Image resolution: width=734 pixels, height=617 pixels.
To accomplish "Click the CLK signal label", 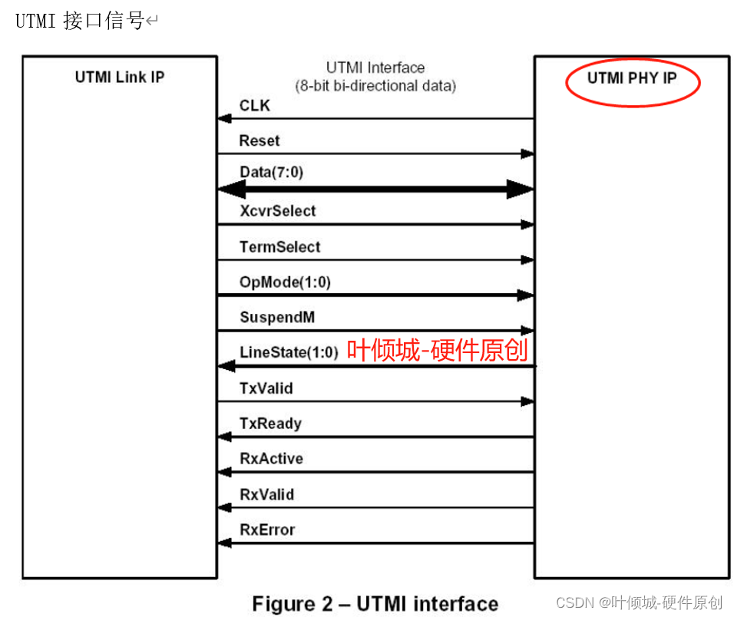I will pos(255,105).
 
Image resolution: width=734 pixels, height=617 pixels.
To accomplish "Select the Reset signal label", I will pos(260,140).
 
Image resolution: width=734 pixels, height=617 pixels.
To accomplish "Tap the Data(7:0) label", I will pos(271,173).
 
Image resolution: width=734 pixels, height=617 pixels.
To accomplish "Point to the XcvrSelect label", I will pos(277,210).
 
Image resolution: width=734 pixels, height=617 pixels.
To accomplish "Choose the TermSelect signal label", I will pos(279,246).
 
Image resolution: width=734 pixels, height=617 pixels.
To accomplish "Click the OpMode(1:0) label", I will pos(285,282).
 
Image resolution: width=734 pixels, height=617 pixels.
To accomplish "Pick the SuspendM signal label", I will pos(277,317).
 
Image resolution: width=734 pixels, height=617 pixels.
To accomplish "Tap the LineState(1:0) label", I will pos(289,352).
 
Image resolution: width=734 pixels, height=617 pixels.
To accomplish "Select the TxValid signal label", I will pos(266,388).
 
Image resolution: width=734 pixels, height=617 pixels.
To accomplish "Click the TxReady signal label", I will pos(270,423).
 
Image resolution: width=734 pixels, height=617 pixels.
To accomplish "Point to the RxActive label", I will pos(271,458).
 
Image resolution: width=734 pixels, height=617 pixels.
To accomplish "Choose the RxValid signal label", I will pos(266,494).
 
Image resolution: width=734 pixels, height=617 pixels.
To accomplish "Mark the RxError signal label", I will pos(267,530).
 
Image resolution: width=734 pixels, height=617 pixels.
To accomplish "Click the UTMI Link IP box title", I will pos(120,77).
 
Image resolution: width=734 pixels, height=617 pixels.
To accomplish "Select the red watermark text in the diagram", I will pos(437,350).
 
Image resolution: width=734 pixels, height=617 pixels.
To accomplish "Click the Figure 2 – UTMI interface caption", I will pos(375,603).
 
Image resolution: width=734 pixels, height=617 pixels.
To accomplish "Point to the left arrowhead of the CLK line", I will pos(224,119).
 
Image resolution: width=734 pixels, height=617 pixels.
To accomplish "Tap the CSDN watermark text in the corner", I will pos(639,602).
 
